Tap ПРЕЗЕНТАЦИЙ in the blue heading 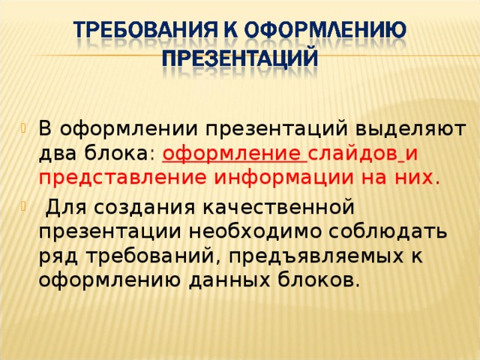tap(240, 57)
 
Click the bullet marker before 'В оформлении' tap(23, 127)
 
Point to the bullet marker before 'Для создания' tap(23, 206)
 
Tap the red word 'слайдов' tap(352, 154)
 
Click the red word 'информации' tap(283, 178)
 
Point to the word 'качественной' tap(279, 208)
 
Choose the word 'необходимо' tap(255, 232)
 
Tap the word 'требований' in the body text tap(150, 256)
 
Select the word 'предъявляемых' tap(316, 257)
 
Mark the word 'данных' tap(229, 280)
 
